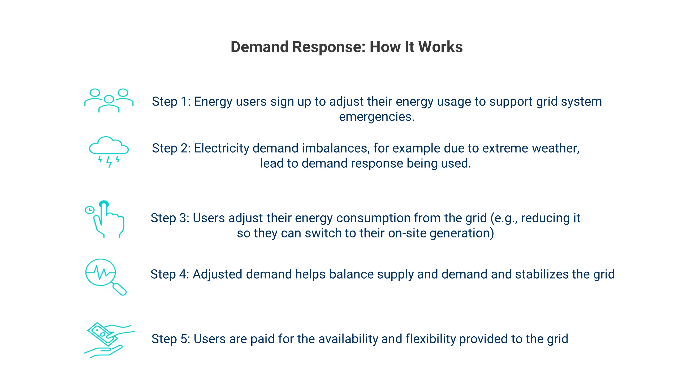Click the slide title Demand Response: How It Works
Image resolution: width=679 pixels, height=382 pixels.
(347, 47)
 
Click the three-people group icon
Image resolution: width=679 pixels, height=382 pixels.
(109, 101)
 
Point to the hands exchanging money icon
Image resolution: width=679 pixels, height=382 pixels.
(109, 340)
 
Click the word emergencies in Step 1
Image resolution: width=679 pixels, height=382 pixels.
(377, 117)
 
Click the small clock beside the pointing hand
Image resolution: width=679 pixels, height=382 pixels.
(89, 210)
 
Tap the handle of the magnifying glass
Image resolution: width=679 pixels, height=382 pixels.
(120, 289)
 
